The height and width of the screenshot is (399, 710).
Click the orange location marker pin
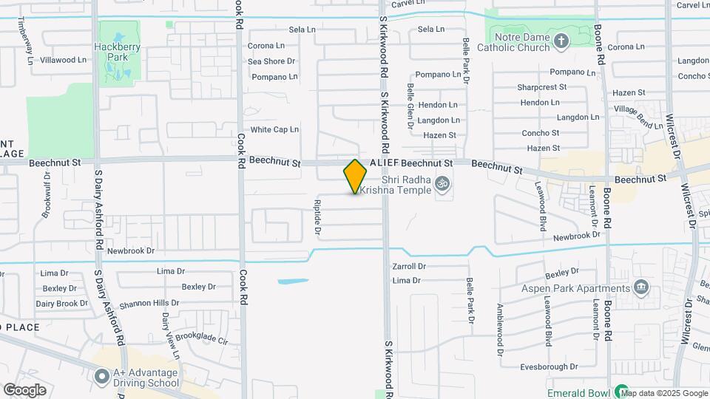356,177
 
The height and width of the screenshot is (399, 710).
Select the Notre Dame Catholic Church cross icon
561,41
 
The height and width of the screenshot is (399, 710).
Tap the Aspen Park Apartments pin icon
640,287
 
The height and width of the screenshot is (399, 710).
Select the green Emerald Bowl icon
623,392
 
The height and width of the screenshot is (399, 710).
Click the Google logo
24,390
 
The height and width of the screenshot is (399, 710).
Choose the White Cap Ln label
274,129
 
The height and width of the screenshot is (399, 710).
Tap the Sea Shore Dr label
271,61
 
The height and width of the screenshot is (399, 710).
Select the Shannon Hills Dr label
149,303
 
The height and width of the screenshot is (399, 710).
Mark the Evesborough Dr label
548,366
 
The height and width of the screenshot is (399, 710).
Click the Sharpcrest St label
542,86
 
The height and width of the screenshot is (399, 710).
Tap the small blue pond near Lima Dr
294,281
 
